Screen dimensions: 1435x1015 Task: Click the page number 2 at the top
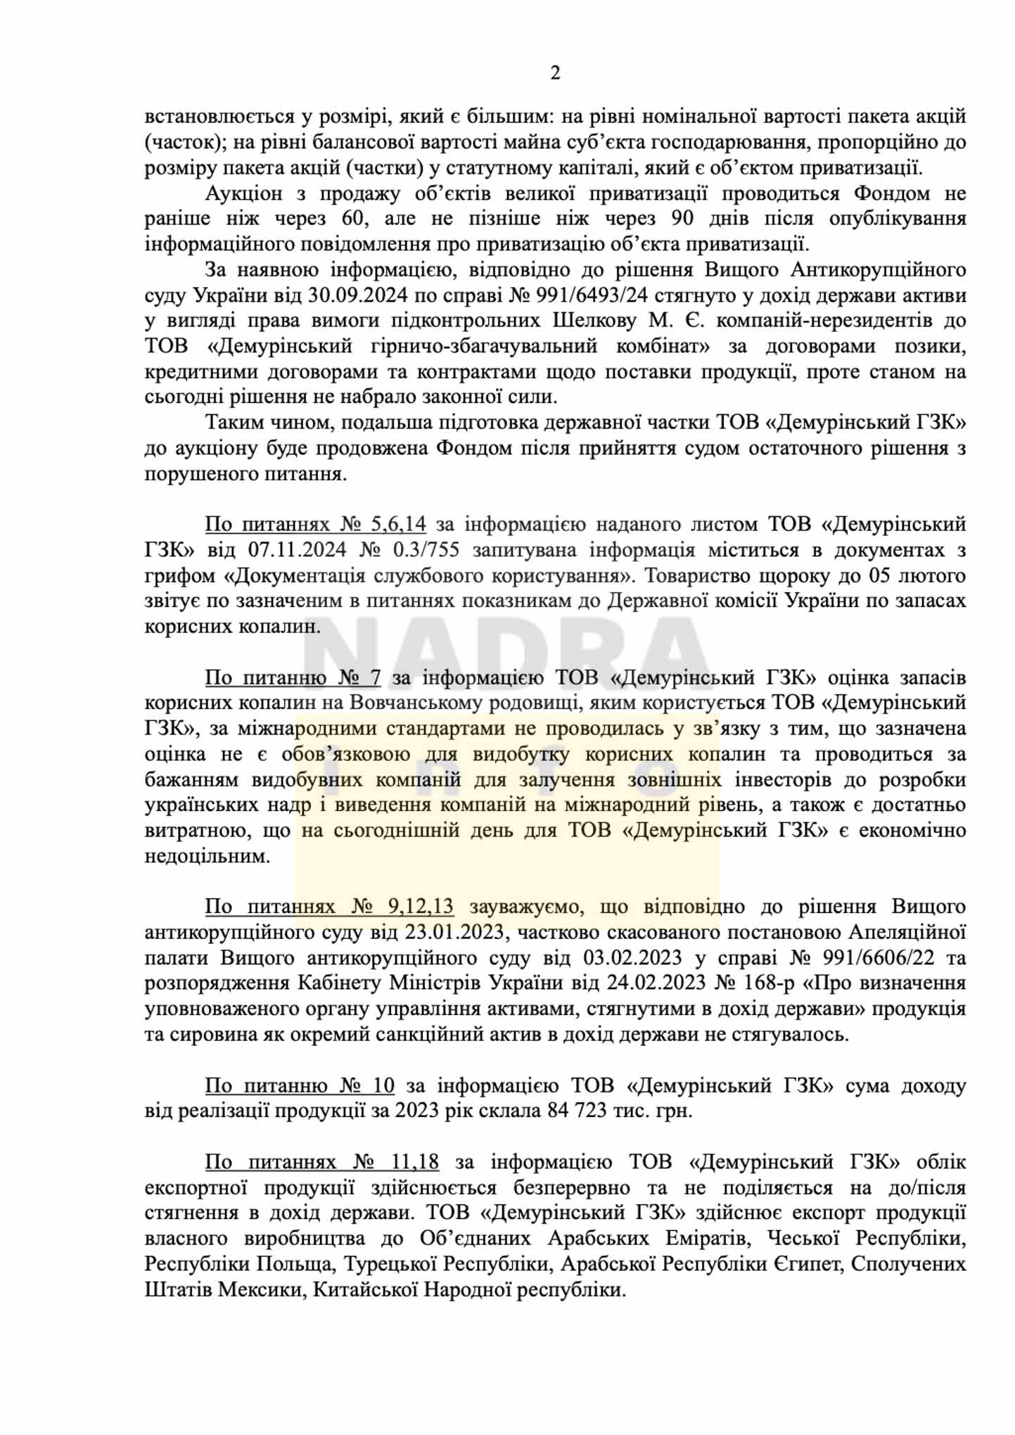pyautogui.click(x=555, y=73)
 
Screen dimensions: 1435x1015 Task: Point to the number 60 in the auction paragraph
pyautogui.click(x=354, y=219)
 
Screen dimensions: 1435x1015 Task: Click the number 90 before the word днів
pyautogui.click(x=682, y=219)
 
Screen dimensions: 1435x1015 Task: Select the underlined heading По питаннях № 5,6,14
pyautogui.click(x=315, y=525)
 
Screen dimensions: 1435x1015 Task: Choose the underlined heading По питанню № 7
pyautogui.click(x=293, y=677)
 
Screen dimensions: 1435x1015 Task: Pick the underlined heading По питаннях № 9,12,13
pyautogui.click(x=329, y=907)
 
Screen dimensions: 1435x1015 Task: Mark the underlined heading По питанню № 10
pyautogui.click(x=300, y=1085)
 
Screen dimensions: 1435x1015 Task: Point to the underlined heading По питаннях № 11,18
pyautogui.click(x=322, y=1162)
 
